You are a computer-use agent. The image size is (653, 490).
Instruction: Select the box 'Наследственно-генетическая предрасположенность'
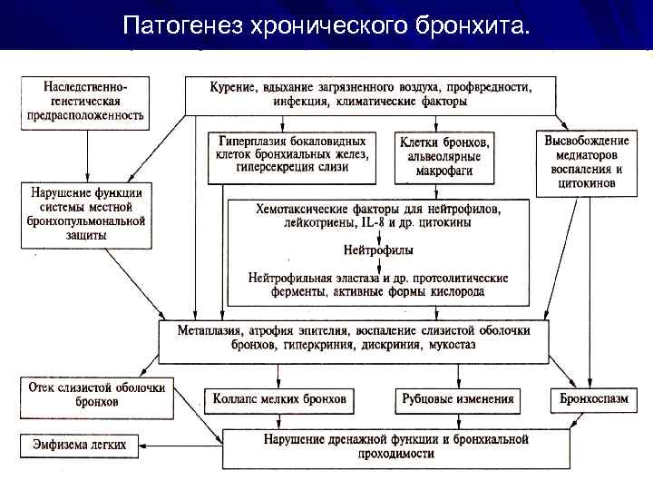coord(86,100)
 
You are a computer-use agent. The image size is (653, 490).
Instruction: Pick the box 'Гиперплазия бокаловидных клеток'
coord(293,154)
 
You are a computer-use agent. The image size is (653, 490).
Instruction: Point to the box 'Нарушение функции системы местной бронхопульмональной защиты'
coord(86,214)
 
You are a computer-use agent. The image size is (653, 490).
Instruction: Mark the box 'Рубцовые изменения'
coord(456,399)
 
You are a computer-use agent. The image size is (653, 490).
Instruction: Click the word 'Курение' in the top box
coord(232,87)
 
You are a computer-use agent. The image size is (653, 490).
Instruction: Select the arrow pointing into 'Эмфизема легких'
coord(150,445)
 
